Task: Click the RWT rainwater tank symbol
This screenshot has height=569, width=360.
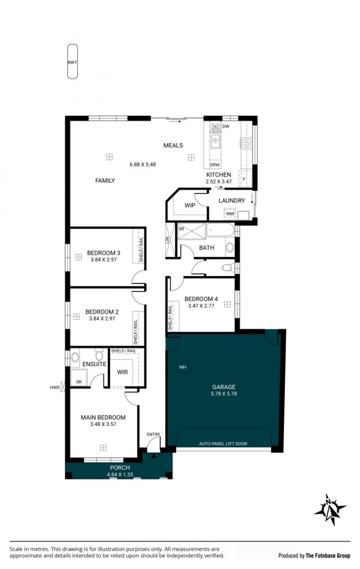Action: pos(72,62)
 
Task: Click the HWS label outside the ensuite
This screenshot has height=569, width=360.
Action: pos(54,387)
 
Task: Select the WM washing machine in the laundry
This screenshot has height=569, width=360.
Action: pos(229,214)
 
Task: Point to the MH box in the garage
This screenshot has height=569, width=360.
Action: pos(183,367)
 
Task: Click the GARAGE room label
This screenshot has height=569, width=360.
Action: pos(224,387)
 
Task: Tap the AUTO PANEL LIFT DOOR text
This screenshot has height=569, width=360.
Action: pos(223,444)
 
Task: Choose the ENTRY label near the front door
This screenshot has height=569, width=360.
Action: pos(153,435)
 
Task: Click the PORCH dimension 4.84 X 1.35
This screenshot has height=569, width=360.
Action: pos(120,474)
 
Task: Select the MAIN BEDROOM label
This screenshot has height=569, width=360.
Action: pos(103,417)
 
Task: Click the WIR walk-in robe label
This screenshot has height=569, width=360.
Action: pos(122,372)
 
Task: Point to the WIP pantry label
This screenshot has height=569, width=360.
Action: pos(190,205)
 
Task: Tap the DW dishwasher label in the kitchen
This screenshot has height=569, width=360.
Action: pos(225,126)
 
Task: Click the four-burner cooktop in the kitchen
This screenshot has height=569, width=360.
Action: pos(247,143)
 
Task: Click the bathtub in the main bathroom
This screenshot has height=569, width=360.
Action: pos(220,230)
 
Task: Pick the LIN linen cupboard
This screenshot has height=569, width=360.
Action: pos(171,240)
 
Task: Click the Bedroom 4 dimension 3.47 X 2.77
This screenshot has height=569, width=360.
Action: pos(201,306)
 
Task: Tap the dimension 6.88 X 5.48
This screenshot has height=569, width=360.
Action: pos(143,164)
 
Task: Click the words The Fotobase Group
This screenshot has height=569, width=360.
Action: pos(328,556)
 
